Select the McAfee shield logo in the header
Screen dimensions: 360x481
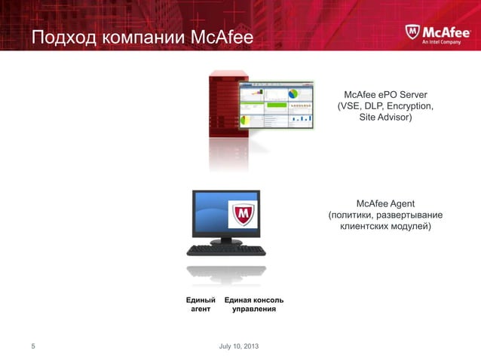[411, 34]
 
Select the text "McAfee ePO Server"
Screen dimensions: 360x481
[385, 95]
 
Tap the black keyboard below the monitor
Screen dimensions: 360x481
[225, 251]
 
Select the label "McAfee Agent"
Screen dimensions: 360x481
[385, 203]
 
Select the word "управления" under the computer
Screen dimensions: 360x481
[253, 310]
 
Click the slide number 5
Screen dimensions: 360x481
[32, 346]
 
